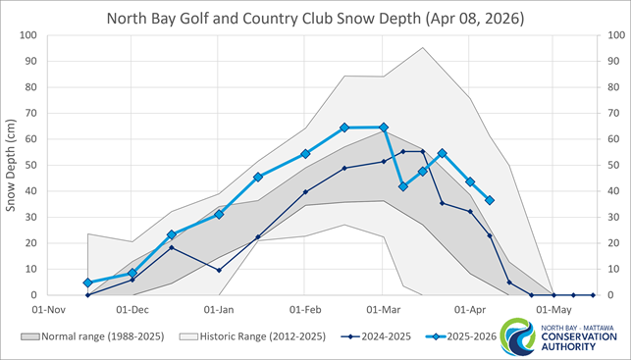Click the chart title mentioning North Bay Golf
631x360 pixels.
(x=315, y=18)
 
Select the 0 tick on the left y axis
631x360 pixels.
(x=33, y=294)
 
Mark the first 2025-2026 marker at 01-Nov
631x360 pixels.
(x=88, y=283)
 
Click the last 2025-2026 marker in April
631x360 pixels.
(x=490, y=200)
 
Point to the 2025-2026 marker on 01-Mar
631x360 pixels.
(x=384, y=128)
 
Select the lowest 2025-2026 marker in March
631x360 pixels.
(x=402, y=185)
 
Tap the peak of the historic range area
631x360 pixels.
(x=423, y=47)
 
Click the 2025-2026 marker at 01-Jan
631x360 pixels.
(x=219, y=214)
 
